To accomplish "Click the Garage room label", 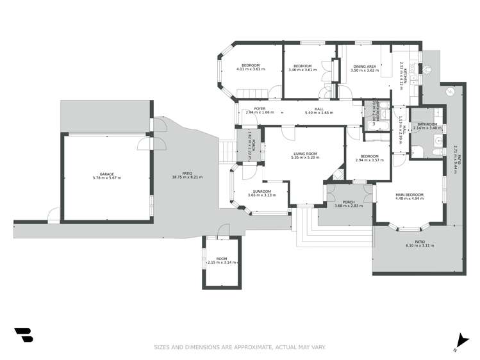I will tap(106, 174).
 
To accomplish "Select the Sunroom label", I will tap(261, 192).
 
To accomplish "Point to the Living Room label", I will tap(306, 154).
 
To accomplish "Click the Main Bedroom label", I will tap(410, 195).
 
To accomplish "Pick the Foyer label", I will tap(260, 109).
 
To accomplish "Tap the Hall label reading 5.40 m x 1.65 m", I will tap(319, 109).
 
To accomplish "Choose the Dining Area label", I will tap(367, 67).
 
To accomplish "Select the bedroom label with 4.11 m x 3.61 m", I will tap(251, 67).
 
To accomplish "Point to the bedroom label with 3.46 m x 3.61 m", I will tap(302, 67).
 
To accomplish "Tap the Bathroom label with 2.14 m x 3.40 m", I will tap(427, 124).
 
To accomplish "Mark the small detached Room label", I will tap(221, 259).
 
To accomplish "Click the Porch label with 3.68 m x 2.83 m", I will tap(349, 202).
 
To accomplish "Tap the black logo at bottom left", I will tap(24, 335).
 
